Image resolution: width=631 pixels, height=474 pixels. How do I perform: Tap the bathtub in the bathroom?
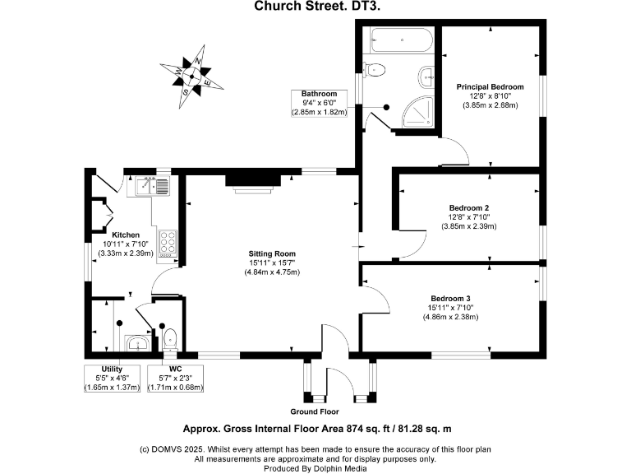398,39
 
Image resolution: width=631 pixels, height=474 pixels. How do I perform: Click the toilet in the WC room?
170,337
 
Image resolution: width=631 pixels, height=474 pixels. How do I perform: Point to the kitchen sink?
151,186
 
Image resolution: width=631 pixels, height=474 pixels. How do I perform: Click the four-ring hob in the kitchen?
168,243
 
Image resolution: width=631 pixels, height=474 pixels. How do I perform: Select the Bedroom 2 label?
469,207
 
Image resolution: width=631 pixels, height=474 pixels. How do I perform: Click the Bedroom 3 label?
451,298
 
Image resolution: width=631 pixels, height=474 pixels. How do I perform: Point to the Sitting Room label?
273,253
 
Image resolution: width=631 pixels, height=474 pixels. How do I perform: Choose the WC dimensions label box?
175,379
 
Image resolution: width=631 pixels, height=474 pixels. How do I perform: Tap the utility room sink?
137,342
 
